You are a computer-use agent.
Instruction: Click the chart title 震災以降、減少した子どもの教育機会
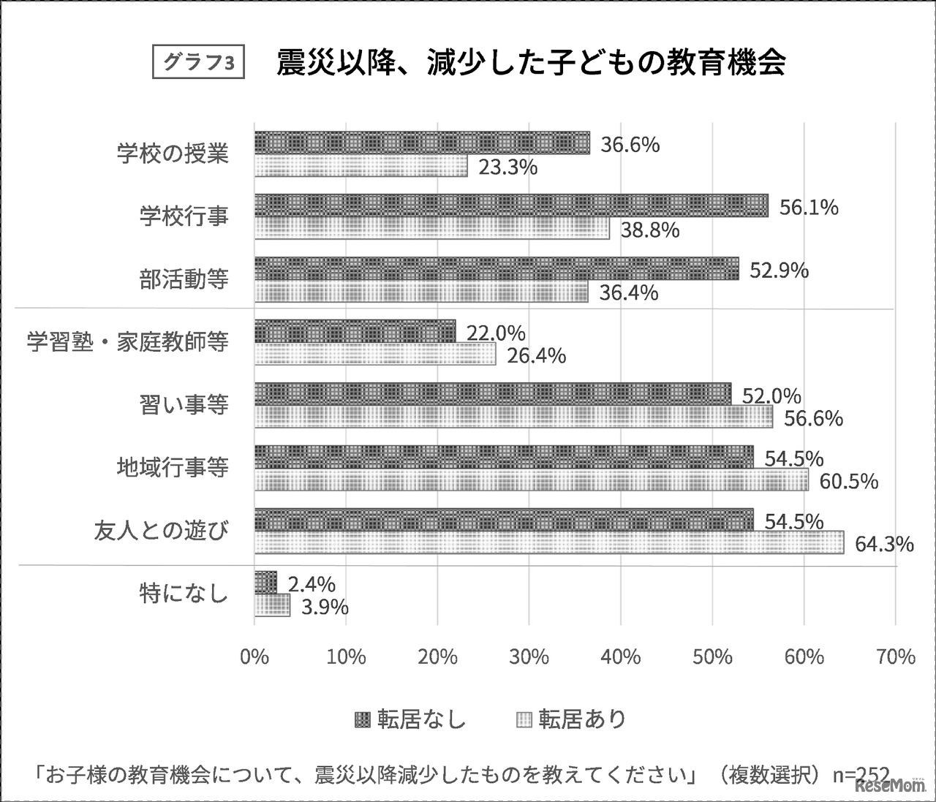(531, 63)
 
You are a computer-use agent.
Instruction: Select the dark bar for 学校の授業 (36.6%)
(422, 143)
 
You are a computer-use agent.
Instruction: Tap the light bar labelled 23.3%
(361, 167)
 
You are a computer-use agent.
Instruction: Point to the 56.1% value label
(808, 208)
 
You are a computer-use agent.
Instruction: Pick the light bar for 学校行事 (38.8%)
(432, 230)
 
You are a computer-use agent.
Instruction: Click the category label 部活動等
(184, 279)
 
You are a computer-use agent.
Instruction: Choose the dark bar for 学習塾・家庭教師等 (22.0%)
(355, 332)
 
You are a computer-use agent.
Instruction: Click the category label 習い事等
(184, 404)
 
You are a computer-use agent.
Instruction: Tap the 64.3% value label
(884, 544)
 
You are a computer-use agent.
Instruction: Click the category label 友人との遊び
(162, 530)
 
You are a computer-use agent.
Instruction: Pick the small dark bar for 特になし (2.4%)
(265, 583)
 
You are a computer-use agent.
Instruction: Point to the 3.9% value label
(319, 607)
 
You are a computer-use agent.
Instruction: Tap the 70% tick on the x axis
(895, 657)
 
